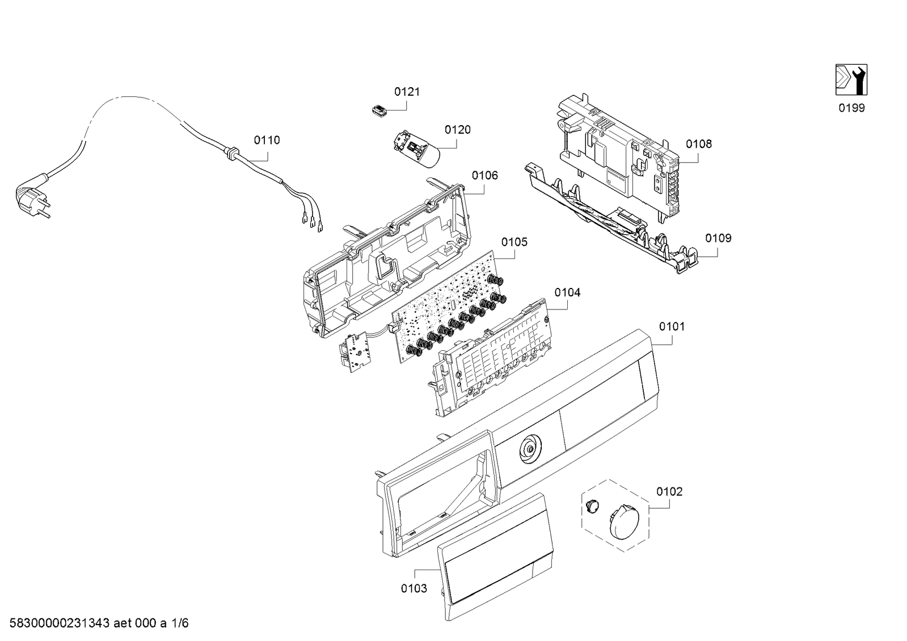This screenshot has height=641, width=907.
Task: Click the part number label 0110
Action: (x=267, y=140)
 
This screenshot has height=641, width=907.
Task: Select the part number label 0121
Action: (x=407, y=92)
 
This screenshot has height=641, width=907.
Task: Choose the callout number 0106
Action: (x=484, y=176)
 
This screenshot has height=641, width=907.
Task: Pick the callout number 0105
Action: (x=514, y=242)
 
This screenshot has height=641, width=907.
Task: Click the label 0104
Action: (x=567, y=292)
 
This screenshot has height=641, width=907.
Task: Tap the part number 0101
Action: (x=672, y=326)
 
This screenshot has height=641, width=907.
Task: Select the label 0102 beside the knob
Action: (x=669, y=491)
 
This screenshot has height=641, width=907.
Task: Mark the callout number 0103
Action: (x=414, y=588)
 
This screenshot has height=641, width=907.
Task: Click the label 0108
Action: (x=698, y=144)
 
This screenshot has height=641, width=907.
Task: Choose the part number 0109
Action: (x=718, y=238)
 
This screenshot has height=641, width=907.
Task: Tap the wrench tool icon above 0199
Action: (x=851, y=80)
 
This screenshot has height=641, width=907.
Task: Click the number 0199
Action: (x=851, y=108)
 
